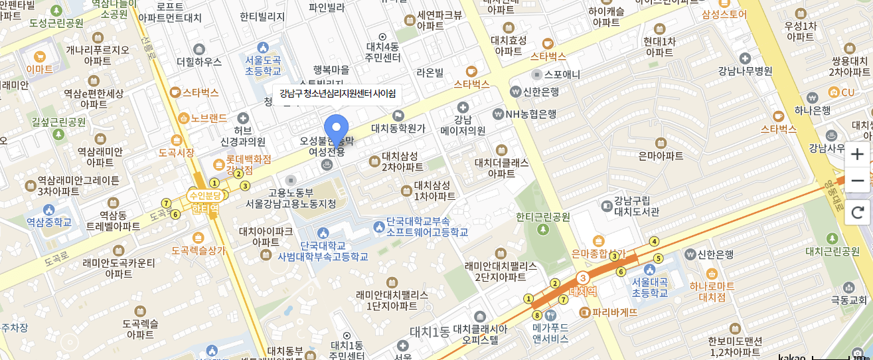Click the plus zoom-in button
pyautogui.click(x=857, y=154)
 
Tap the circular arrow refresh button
pyautogui.click(x=857, y=213)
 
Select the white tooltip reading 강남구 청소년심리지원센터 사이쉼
pyautogui.click(x=337, y=93)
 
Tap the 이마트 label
pyautogui.click(x=39, y=68)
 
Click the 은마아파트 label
pyautogui.click(x=660, y=156)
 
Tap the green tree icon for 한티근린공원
pyautogui.click(x=543, y=229)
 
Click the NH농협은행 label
pyautogui.click(x=529, y=114)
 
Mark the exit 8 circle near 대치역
pyautogui.click(x=536, y=315)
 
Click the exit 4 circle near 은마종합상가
pyautogui.click(x=655, y=241)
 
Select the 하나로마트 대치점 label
pyautogui.click(x=712, y=292)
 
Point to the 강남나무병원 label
pyautogui.click(x=745, y=71)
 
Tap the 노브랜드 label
pyautogui.click(x=208, y=118)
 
